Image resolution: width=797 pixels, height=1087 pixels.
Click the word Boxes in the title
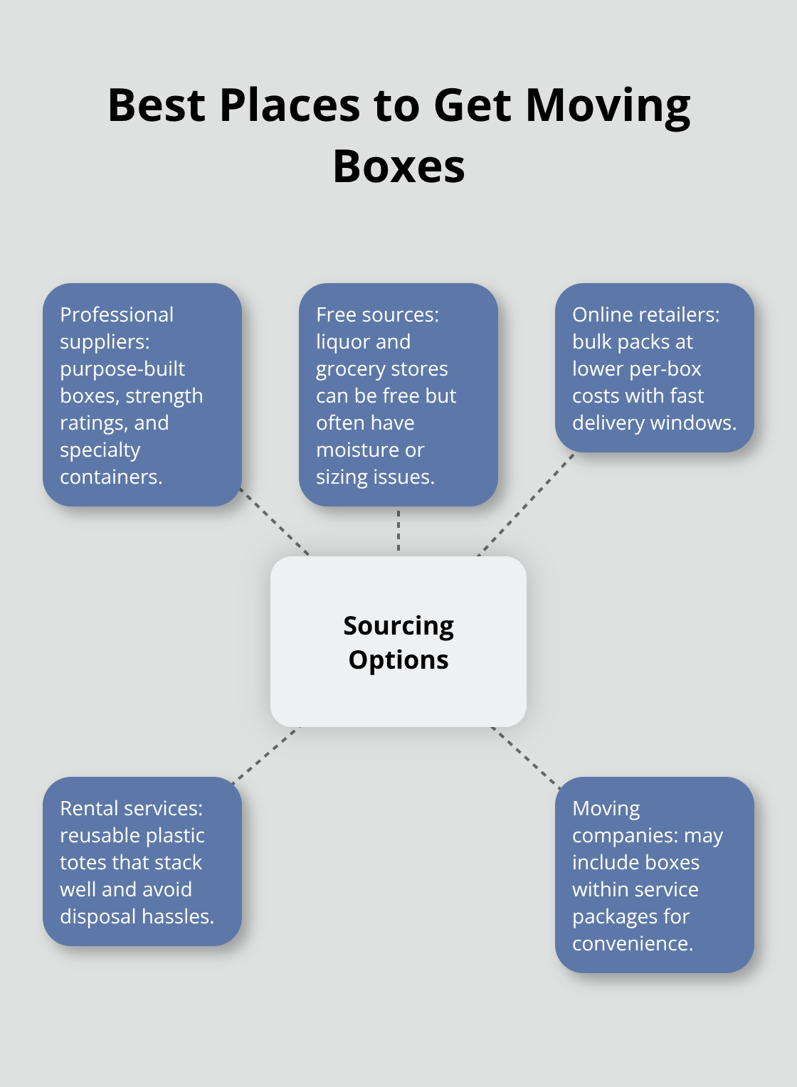(398, 167)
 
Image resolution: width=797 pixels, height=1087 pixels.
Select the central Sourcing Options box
(398, 642)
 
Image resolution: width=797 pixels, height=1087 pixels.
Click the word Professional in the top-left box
(117, 314)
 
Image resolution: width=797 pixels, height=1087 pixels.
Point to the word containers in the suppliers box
(110, 477)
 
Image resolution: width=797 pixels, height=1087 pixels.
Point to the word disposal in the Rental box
(97, 916)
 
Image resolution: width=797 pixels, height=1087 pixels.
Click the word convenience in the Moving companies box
(632, 943)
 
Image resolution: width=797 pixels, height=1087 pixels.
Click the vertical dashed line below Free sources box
(398, 531)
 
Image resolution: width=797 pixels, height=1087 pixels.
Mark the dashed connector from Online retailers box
(525, 504)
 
